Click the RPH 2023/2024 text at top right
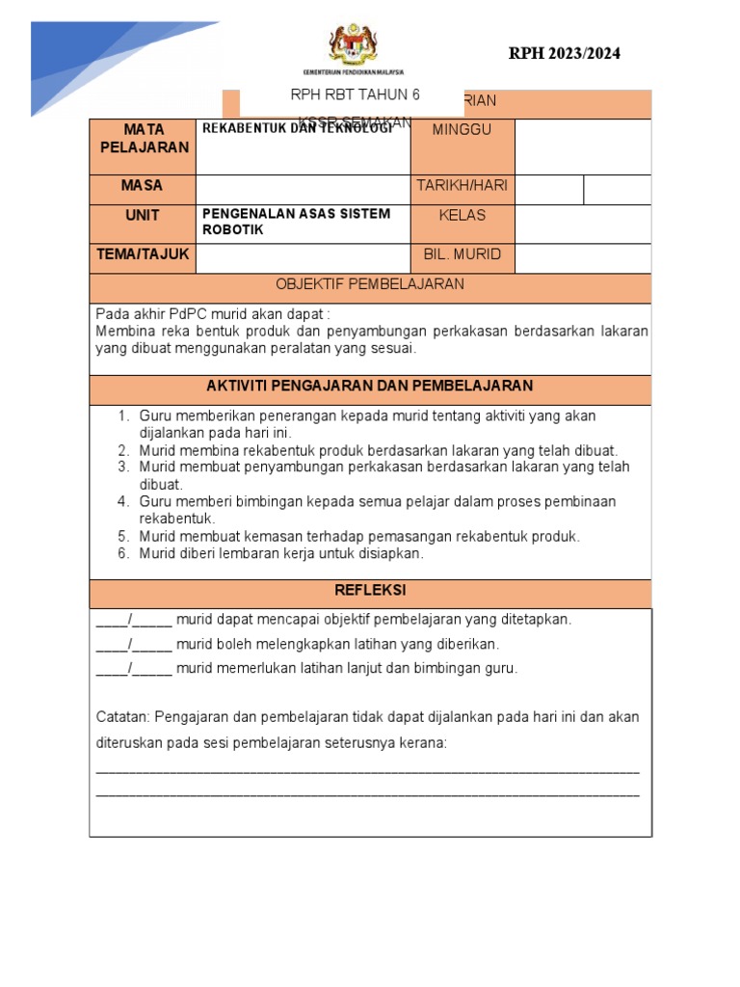pyautogui.click(x=564, y=54)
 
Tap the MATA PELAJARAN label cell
pyautogui.click(x=143, y=138)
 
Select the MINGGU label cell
pyautogui.click(x=462, y=130)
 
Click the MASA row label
pyautogui.click(x=143, y=186)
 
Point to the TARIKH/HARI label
pyautogui.click(x=462, y=186)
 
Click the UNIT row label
pyautogui.click(x=143, y=215)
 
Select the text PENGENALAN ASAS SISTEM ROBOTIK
pyautogui.click(x=296, y=223)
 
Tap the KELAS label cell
pyautogui.click(x=462, y=216)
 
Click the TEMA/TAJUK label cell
pyautogui.click(x=143, y=254)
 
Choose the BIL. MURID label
pyautogui.click(x=462, y=255)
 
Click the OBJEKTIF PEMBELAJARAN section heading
pyautogui.click(x=370, y=284)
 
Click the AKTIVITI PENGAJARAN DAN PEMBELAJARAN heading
pyautogui.click(x=370, y=386)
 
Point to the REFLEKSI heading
pyautogui.click(x=370, y=590)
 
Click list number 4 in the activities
pyautogui.click(x=123, y=502)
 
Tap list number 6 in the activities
pyautogui.click(x=123, y=554)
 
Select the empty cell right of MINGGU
pyautogui.click(x=583, y=147)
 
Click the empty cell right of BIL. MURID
pyautogui.click(x=583, y=257)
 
